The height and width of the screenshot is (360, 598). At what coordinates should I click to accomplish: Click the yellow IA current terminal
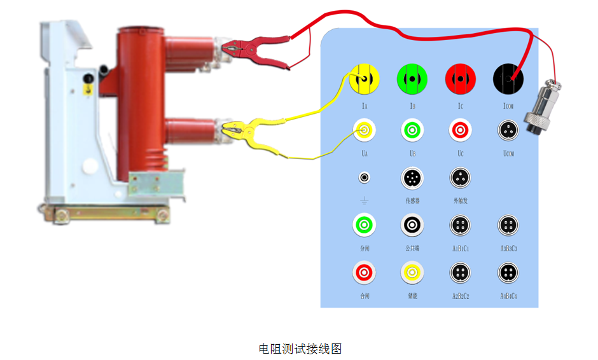(365, 79)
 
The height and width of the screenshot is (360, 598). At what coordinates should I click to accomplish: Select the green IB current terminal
(412, 79)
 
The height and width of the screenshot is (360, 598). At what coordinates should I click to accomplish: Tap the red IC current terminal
(460, 79)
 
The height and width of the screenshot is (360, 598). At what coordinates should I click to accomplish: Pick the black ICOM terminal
(508, 79)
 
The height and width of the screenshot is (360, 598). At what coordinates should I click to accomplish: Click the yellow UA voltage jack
(365, 130)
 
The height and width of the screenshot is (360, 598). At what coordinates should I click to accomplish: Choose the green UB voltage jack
(412, 130)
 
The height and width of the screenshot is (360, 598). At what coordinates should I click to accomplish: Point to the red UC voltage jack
(460, 130)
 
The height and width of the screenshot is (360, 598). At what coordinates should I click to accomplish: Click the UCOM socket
(508, 130)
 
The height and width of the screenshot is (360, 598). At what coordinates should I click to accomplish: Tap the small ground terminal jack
(365, 178)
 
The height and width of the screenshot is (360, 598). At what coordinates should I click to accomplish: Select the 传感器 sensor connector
(412, 178)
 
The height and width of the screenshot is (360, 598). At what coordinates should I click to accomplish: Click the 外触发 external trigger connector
(460, 178)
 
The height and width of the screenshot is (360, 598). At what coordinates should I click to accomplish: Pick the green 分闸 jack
(365, 225)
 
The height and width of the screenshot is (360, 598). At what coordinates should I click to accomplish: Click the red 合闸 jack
(365, 273)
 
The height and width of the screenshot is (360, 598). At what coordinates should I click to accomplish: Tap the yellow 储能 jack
(412, 273)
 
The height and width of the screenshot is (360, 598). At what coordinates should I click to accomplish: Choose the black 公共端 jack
(412, 225)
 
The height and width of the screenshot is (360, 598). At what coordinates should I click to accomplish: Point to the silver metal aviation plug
(541, 108)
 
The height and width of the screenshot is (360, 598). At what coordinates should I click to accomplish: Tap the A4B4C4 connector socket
(508, 273)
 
